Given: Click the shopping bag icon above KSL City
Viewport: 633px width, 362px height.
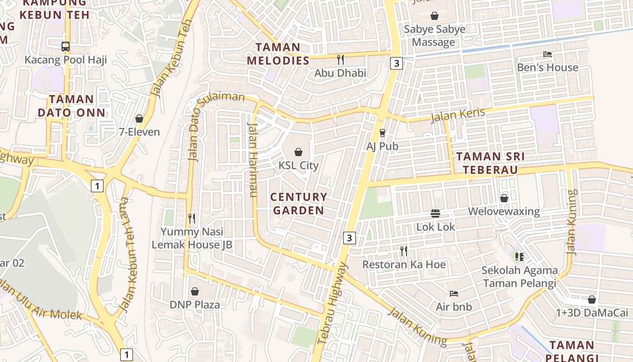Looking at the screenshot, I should [298, 152].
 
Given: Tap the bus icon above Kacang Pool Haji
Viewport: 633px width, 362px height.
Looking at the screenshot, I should [66, 46].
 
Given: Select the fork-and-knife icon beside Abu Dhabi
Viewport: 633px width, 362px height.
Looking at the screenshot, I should [340, 59].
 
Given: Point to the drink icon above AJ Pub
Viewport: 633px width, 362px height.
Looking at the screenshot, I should [383, 133].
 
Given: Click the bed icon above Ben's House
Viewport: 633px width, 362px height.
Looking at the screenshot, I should [548, 54].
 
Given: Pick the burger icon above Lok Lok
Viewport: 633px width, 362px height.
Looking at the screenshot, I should [435, 213].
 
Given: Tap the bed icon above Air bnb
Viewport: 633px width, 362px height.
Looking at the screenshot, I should [454, 294].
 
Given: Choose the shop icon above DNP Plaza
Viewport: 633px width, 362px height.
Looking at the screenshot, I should [195, 291].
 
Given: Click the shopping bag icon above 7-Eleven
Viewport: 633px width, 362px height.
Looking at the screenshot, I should [139, 119].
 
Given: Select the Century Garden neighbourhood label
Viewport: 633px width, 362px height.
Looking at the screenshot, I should [298, 204].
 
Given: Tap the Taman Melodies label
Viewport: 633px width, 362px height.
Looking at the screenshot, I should [278, 54].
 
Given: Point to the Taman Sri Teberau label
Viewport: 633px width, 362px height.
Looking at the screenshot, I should [490, 163].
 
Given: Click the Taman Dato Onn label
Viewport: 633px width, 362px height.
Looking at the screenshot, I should [71, 106].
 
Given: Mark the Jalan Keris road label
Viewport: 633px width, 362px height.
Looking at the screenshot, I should [458, 115].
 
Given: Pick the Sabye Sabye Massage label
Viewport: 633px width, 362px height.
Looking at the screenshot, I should [435, 36].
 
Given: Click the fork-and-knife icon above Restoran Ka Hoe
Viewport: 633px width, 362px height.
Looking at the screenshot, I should [404, 251].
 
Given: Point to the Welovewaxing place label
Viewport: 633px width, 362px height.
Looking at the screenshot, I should [504, 211].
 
